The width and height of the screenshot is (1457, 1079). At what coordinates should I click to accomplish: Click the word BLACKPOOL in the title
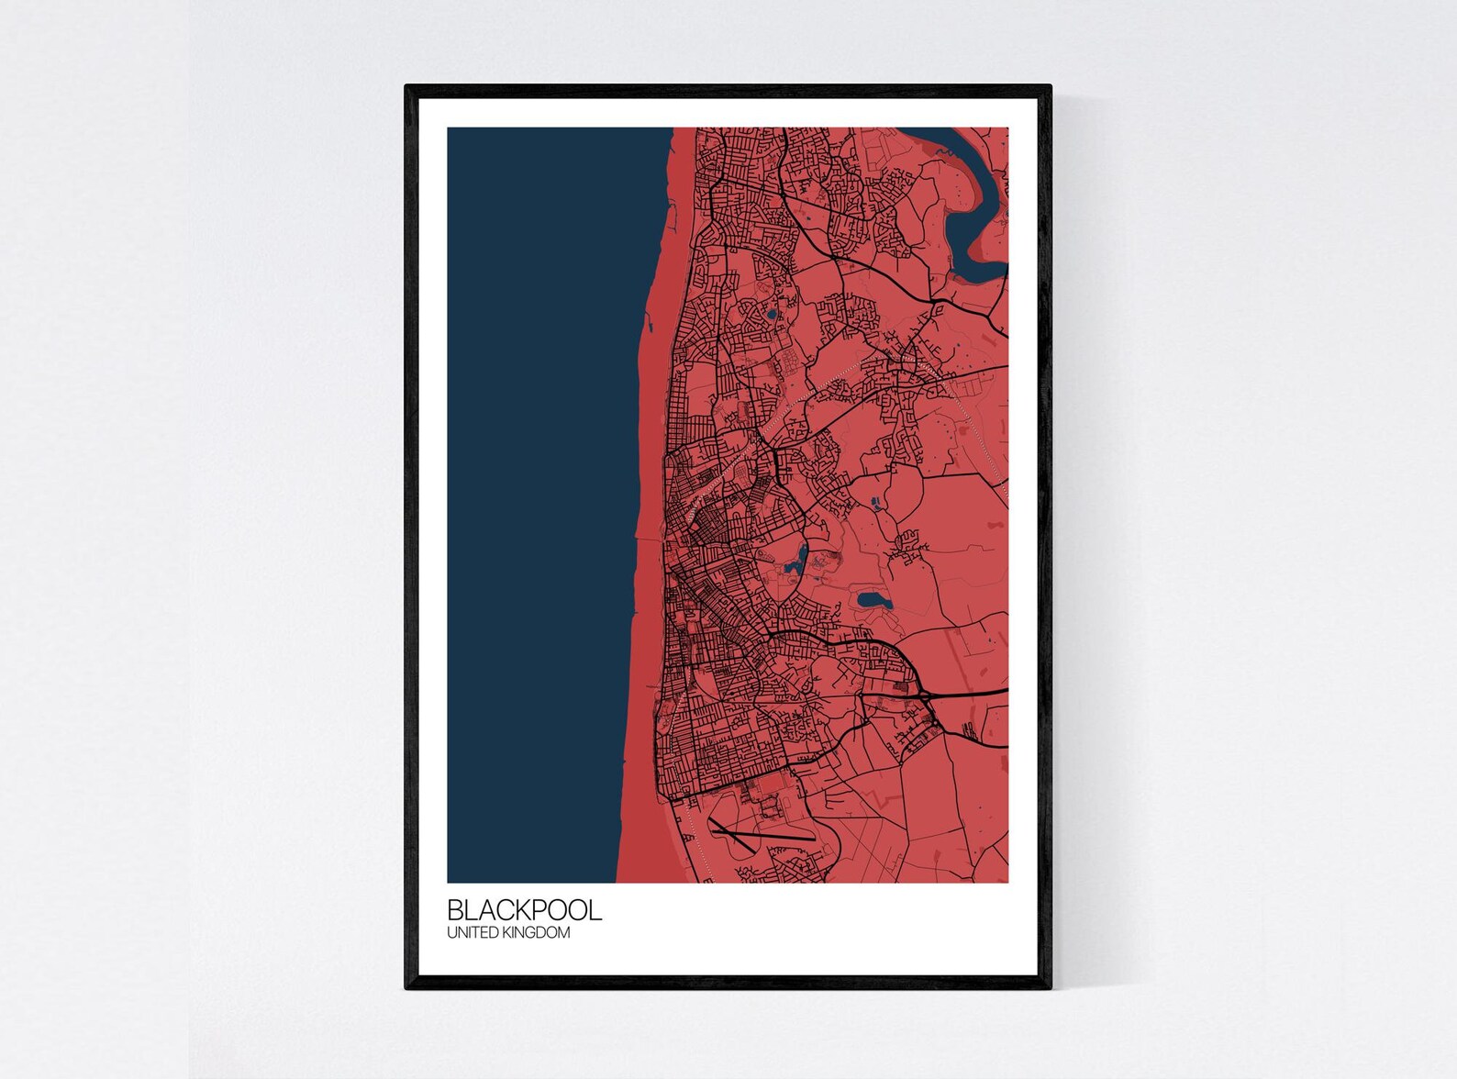524,910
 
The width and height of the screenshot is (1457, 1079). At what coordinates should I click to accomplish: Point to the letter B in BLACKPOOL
455,910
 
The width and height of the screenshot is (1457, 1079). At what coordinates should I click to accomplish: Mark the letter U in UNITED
451,933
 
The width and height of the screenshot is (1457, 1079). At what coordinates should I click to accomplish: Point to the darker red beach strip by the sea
647,551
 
